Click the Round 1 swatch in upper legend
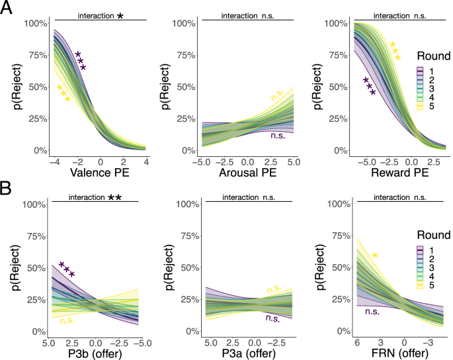coord(420,69)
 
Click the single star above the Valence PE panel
coord(120,15)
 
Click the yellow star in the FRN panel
coord(375,255)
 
